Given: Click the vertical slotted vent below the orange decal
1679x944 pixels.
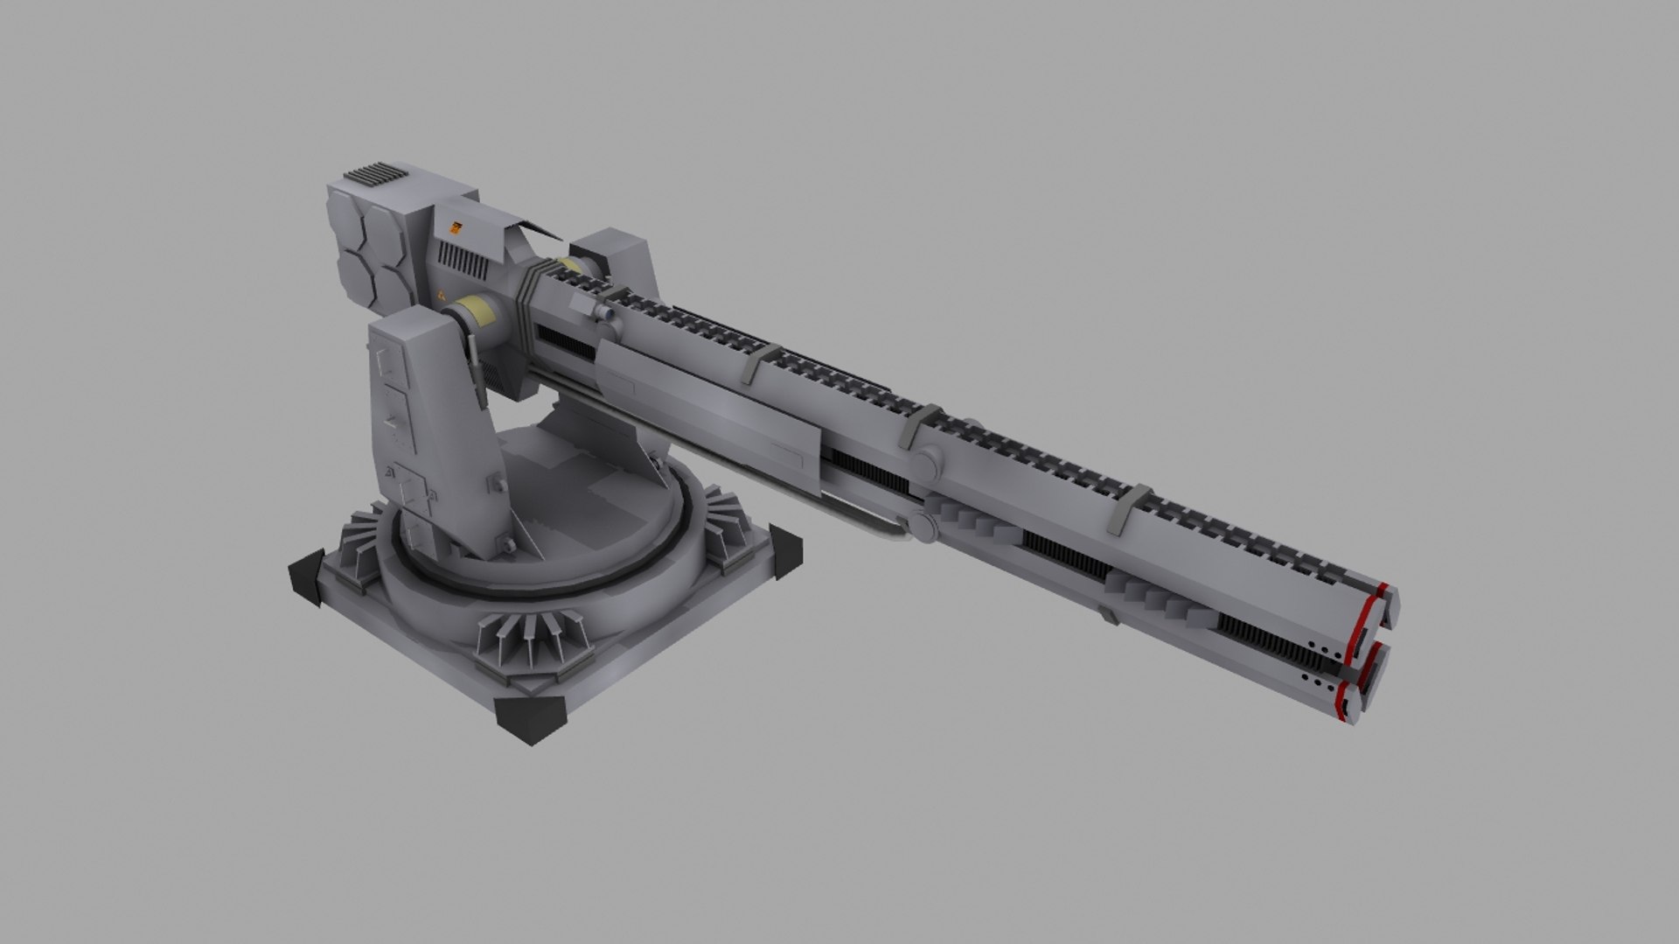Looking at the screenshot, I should pyautogui.click(x=460, y=256).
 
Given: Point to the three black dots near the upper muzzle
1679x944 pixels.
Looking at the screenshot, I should pyautogui.click(x=1320, y=648).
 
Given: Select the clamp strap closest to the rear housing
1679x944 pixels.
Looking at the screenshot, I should pyautogui.click(x=757, y=362).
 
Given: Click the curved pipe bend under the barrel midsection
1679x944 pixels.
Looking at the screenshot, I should pyautogui.click(x=892, y=529).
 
